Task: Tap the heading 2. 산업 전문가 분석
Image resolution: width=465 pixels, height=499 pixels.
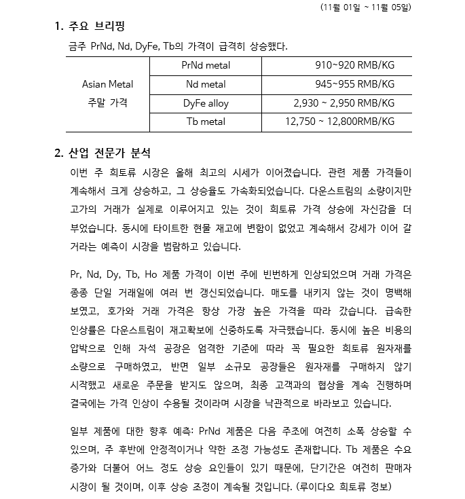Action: tap(103, 153)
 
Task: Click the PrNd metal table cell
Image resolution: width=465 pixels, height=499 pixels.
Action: tap(206, 66)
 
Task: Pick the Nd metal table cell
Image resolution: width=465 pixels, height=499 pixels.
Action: tap(206, 85)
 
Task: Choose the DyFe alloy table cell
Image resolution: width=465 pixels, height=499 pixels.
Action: tap(206, 104)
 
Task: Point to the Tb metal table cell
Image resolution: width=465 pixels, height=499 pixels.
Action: tap(206, 122)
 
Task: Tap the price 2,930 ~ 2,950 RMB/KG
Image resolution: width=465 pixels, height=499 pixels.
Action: tap(343, 104)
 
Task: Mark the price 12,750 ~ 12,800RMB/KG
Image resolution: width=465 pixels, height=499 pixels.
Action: tap(339, 122)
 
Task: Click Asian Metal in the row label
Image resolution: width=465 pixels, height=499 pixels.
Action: tap(107, 85)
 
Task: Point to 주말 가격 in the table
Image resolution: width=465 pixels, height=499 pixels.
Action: tap(107, 103)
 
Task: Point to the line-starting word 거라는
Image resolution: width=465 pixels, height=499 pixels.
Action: tap(85, 245)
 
